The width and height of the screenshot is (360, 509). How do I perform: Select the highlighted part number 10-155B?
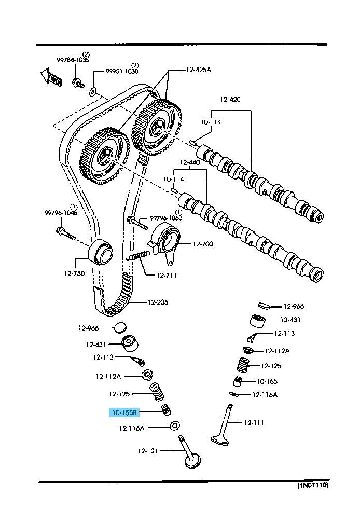click(123, 413)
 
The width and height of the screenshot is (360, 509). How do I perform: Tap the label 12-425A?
click(199, 70)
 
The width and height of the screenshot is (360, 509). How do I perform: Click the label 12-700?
click(203, 244)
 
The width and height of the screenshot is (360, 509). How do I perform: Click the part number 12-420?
click(230, 99)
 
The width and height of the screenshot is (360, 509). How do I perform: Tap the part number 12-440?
click(189, 162)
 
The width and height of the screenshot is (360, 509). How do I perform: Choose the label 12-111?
click(254, 423)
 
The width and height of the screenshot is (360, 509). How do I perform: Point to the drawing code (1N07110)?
click(312, 486)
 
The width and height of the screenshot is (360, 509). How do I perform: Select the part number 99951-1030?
click(123, 71)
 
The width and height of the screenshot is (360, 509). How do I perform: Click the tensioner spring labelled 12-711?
click(138, 256)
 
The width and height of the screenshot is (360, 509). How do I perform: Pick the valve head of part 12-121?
click(192, 460)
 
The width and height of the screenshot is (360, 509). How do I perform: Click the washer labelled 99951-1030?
click(92, 91)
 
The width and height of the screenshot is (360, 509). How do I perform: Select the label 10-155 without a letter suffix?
click(267, 381)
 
